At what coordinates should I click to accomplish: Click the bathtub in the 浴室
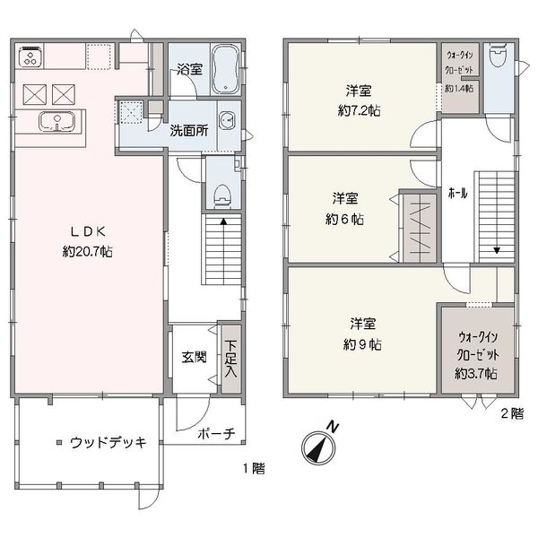pyautogui.click(x=225, y=70)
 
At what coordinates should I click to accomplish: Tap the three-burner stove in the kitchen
pyautogui.click(x=30, y=56)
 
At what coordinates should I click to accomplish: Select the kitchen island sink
pyautogui.click(x=56, y=121)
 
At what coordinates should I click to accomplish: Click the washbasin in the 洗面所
pyautogui.click(x=228, y=120)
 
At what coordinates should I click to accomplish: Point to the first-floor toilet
pyautogui.click(x=222, y=196)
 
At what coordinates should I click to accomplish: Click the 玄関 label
pyautogui.click(x=194, y=357)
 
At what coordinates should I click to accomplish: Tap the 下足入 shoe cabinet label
pyautogui.click(x=230, y=359)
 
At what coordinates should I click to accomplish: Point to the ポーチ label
pyautogui.click(x=216, y=434)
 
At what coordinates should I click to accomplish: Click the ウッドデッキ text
pyautogui.click(x=108, y=443)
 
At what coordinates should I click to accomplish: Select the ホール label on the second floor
pyautogui.click(x=457, y=194)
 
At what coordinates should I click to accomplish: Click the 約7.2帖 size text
pyautogui.click(x=359, y=110)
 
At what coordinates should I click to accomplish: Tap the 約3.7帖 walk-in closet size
pyautogui.click(x=476, y=373)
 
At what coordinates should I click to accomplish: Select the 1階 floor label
pyautogui.click(x=255, y=468)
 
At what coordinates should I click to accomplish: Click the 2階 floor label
pyautogui.click(x=512, y=413)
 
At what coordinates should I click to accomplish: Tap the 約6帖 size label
pyautogui.click(x=345, y=219)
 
